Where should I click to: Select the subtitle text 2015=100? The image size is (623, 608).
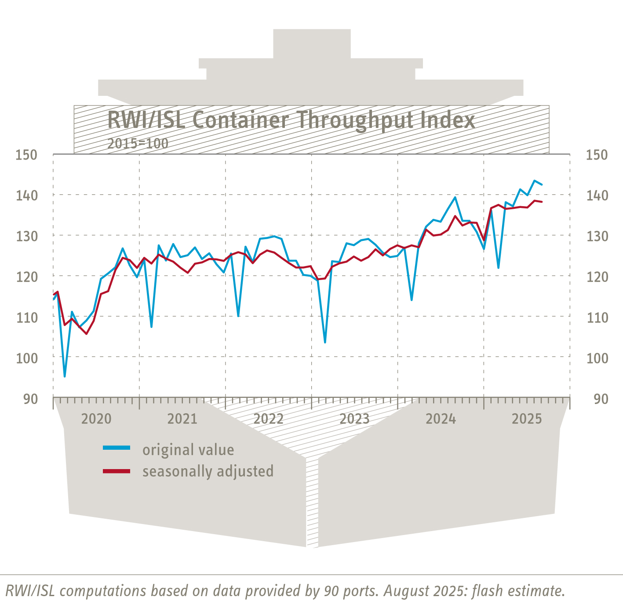tap(138, 143)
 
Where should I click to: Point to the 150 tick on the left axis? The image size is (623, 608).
tap(26, 155)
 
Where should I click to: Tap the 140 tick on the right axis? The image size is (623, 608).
tap(597, 195)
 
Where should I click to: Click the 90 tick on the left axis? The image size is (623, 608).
tap(30, 399)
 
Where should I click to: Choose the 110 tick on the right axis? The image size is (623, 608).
tap(597, 317)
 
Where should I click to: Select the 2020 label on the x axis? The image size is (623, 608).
tap(96, 419)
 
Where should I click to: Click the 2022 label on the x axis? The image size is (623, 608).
tap(269, 419)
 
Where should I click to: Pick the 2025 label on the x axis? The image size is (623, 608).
tap(527, 419)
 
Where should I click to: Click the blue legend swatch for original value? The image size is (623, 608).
tap(117, 448)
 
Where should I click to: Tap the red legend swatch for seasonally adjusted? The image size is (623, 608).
tap(117, 471)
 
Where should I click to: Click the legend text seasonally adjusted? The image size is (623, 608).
tap(208, 471)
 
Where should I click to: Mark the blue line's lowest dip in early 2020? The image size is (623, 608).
tap(65, 376)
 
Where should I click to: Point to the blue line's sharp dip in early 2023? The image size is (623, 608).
tap(325, 342)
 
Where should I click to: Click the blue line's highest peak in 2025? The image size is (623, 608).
tap(534, 180)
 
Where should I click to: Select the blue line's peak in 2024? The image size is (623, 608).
tap(455, 197)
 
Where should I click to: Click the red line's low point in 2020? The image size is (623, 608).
tap(86, 334)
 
